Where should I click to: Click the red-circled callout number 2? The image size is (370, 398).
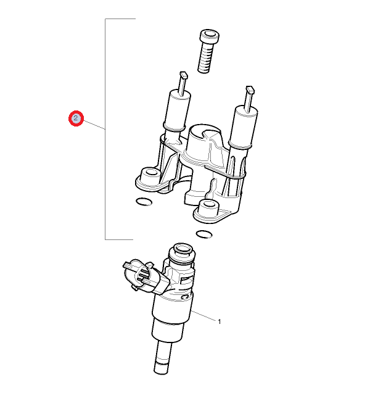click(76, 118)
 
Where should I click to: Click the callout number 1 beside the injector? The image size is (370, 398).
click(220, 321)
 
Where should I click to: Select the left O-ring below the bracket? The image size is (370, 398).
click(144, 202)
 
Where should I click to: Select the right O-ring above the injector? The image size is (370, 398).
click(204, 234)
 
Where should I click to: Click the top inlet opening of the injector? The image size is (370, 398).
click(183, 248)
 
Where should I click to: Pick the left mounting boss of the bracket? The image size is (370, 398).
click(150, 175)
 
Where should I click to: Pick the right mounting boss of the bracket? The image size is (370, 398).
click(209, 206)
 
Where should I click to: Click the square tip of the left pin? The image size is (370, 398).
click(184, 75)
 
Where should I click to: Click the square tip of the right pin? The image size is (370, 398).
click(250, 89)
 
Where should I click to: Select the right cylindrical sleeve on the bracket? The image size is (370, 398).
click(244, 127)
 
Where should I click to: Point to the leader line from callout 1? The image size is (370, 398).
click(204, 316)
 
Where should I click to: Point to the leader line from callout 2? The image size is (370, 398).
click(94, 125)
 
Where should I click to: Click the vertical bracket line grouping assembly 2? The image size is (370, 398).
click(105, 129)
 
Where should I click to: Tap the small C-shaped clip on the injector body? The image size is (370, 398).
click(184, 296)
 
